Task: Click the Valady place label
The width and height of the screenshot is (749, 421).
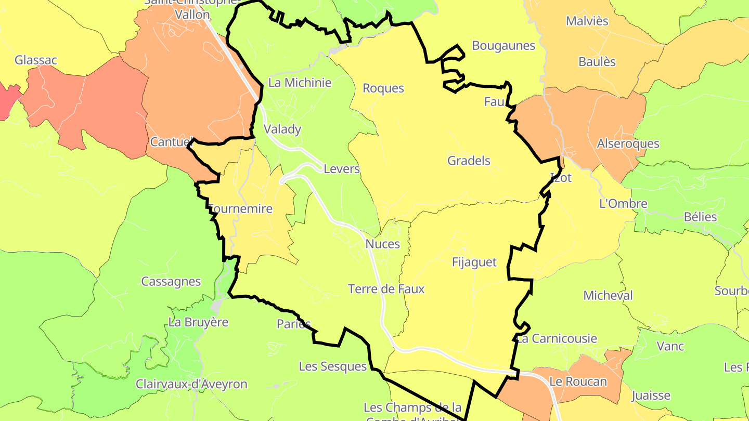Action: tap(282, 129)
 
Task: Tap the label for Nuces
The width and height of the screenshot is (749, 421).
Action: tap(383, 244)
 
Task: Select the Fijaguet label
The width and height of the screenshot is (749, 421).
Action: tap(474, 262)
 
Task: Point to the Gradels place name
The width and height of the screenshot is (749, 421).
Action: tap(469, 161)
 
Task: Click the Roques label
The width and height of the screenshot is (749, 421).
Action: tap(383, 88)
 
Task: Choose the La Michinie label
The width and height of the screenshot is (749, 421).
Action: tap(300, 82)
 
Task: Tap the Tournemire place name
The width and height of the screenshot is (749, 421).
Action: tap(241, 209)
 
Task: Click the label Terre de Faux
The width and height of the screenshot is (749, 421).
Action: tap(386, 289)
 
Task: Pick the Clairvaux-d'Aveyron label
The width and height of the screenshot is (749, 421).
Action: tap(191, 384)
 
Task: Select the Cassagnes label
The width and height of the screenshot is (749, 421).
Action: tap(171, 281)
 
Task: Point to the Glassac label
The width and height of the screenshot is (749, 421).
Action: tap(36, 60)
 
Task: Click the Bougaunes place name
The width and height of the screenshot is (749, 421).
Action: tap(503, 46)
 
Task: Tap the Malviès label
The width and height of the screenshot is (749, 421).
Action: tap(587, 21)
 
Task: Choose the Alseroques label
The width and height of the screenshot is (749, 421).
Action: tap(628, 143)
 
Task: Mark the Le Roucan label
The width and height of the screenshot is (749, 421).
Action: tap(578, 381)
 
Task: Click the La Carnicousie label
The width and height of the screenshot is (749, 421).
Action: tap(557, 339)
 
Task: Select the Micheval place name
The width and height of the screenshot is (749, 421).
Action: tap(608, 296)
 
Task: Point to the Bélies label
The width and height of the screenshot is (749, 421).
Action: tap(700, 217)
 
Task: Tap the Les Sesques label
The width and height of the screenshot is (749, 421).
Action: tap(333, 366)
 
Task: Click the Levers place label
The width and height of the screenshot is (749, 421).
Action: tap(342, 169)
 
